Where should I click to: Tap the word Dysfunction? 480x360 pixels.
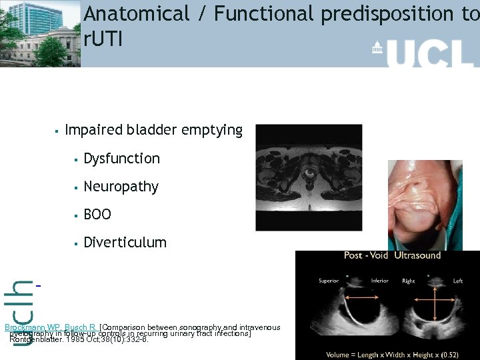click(x=121, y=159)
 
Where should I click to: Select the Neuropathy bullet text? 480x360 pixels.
click(x=121, y=187)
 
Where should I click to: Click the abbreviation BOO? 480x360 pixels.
click(x=97, y=215)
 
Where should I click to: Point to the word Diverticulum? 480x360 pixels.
click(x=125, y=243)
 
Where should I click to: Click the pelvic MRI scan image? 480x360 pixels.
click(x=309, y=177)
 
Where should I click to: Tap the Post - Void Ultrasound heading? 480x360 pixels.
click(x=392, y=255)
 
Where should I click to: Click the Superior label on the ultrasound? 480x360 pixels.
click(x=329, y=281)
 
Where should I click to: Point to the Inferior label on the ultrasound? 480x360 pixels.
click(x=379, y=281)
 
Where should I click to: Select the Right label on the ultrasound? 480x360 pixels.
click(x=409, y=281)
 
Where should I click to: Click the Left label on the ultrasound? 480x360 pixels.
click(x=458, y=281)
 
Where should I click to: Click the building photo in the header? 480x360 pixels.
click(x=40, y=33)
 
